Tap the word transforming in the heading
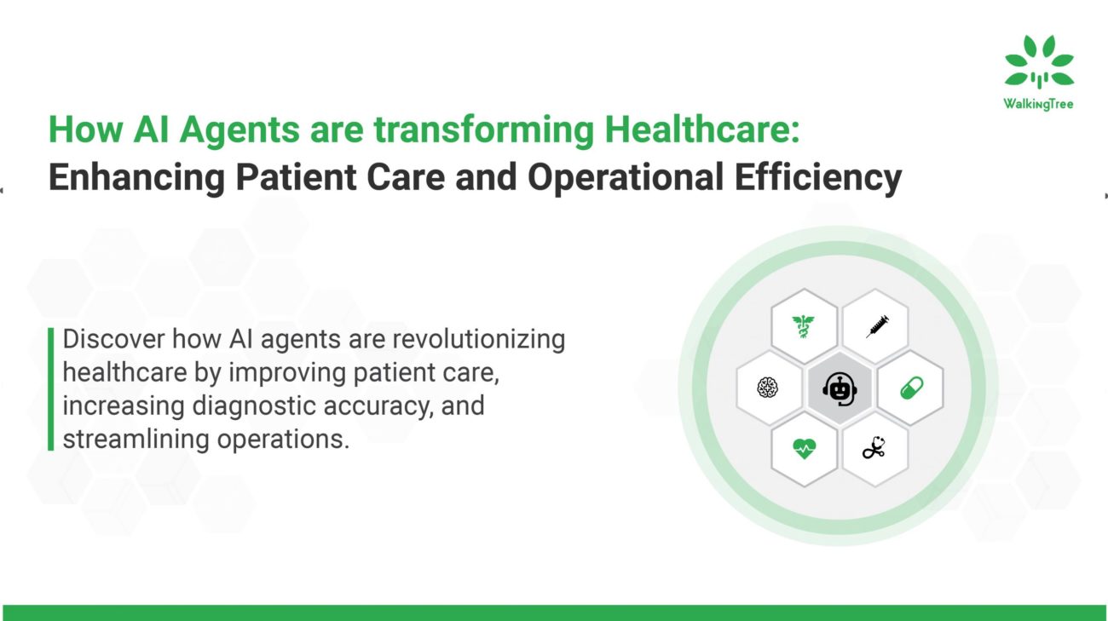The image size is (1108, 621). [485, 130]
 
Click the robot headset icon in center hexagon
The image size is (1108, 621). [839, 388]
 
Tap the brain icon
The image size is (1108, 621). [767, 388]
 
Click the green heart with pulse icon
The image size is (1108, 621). [803, 449]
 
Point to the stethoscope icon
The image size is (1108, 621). [874, 449]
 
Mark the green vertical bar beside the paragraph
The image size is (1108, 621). [50, 388]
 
